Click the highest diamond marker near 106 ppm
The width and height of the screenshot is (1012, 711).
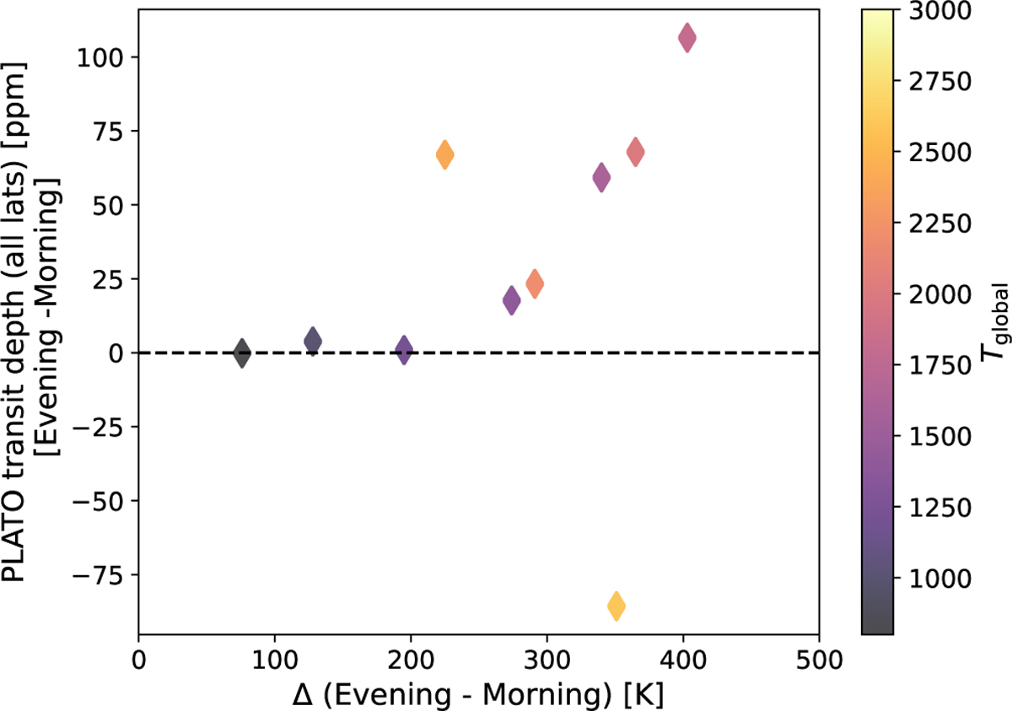tap(687, 38)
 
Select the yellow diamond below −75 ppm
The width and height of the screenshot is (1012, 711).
tap(616, 606)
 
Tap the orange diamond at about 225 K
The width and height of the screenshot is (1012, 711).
tap(445, 154)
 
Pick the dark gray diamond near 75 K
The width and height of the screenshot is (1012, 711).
tap(242, 353)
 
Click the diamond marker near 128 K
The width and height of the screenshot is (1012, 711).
tap(313, 341)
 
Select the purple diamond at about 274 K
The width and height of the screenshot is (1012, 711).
tap(511, 301)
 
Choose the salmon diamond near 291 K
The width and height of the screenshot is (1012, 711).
tap(535, 283)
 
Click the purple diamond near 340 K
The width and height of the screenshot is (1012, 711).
tap(601, 177)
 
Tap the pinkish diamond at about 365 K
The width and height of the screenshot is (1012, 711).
tap(636, 153)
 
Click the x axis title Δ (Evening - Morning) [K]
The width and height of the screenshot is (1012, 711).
tap(478, 693)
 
